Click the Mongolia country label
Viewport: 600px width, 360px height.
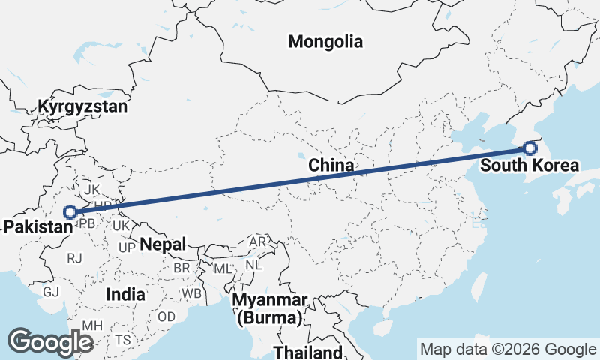click(x=325, y=42)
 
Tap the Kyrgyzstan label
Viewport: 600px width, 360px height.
click(x=83, y=106)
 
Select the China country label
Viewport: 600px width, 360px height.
click(x=331, y=165)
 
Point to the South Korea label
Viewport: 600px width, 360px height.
click(x=529, y=166)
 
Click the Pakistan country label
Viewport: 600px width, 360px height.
click(x=33, y=226)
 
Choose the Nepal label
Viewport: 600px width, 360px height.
click(x=163, y=244)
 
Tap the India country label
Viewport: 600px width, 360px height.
click(x=125, y=294)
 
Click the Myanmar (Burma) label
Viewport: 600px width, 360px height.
click(x=269, y=309)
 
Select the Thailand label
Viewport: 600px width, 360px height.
click(x=308, y=352)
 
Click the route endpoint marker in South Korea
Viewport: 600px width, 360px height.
click(x=530, y=148)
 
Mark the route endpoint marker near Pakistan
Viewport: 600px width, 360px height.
click(x=70, y=212)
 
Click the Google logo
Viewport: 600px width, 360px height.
click(x=51, y=342)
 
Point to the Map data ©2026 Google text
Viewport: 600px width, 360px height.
click(x=508, y=349)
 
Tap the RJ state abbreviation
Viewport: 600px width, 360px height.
click(x=74, y=258)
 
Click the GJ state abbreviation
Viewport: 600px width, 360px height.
click(x=50, y=292)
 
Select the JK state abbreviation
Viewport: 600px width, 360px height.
click(x=91, y=190)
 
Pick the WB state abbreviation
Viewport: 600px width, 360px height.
click(x=191, y=293)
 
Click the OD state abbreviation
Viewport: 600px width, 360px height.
click(x=166, y=316)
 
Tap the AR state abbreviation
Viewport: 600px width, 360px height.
click(x=258, y=241)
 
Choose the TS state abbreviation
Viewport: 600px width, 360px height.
click(x=122, y=339)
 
